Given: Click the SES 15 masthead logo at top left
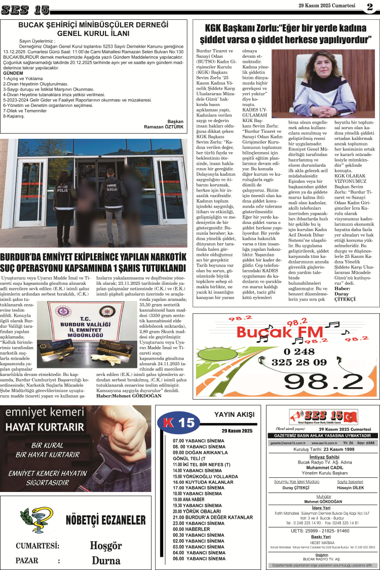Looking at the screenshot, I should coord(25,10).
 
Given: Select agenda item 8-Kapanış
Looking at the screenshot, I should coord(14,116).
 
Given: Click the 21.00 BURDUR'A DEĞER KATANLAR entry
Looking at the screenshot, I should coord(212,517).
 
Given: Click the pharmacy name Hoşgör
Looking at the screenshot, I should coord(106,546).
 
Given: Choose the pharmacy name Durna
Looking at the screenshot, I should coord(106,560).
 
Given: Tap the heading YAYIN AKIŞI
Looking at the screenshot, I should coord(234,414).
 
